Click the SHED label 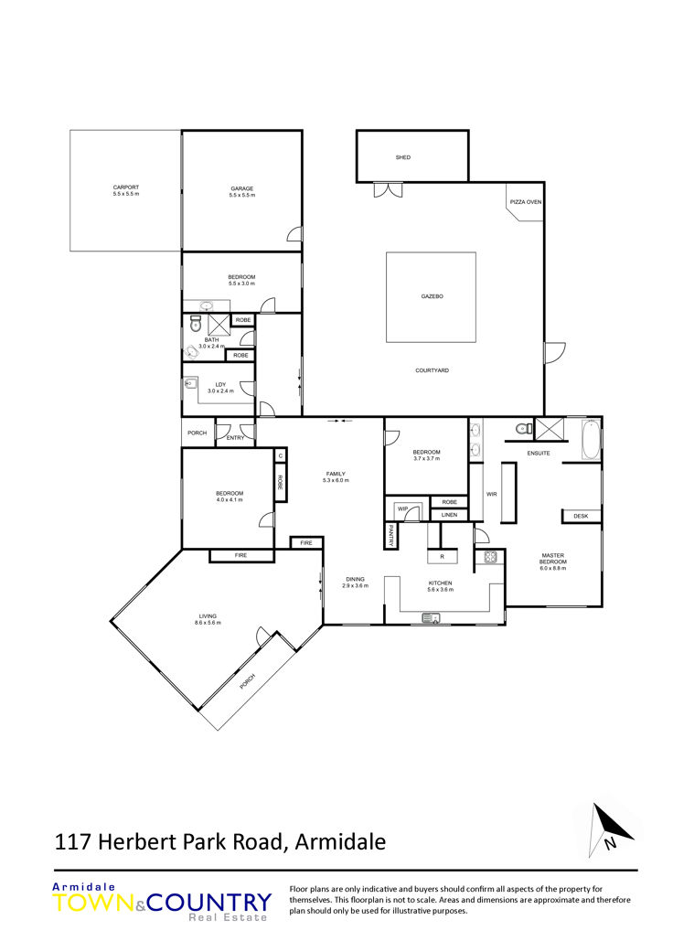pyautogui.click(x=403, y=157)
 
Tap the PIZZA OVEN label pyautogui.click(x=526, y=201)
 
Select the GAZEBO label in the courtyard pyautogui.click(x=433, y=296)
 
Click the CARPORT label pyautogui.click(x=126, y=187)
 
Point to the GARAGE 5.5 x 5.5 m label pyautogui.click(x=242, y=192)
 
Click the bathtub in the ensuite pyautogui.click(x=591, y=440)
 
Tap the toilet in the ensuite pyautogui.click(x=522, y=429)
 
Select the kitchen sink pyautogui.click(x=432, y=619)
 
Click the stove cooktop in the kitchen pyautogui.click(x=490, y=556)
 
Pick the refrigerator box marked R pyautogui.click(x=442, y=556)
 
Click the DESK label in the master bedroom pyautogui.click(x=581, y=516)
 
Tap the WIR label pyautogui.click(x=492, y=494)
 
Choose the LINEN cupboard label pyautogui.click(x=449, y=515)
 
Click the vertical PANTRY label pyautogui.click(x=391, y=536)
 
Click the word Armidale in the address pyautogui.click(x=340, y=842)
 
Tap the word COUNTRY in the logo pyautogui.click(x=208, y=903)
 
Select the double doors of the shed pyautogui.click(x=388, y=189)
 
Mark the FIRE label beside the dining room pyautogui.click(x=306, y=543)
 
